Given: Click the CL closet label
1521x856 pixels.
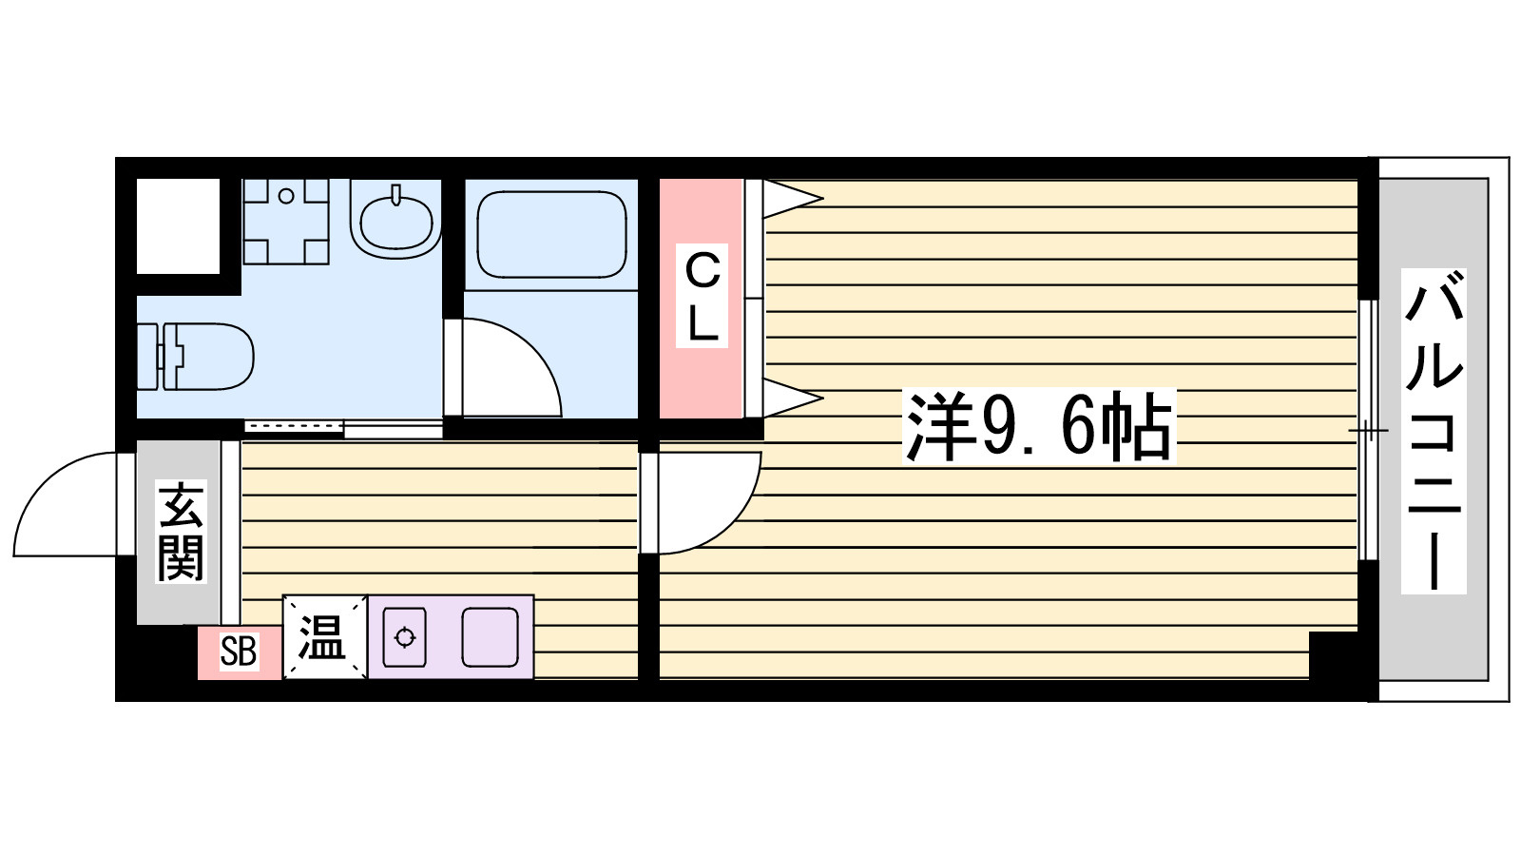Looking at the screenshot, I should tap(703, 296).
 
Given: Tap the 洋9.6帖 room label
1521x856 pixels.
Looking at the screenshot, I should tap(1038, 427).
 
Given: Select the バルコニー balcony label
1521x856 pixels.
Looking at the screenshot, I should tap(1434, 430).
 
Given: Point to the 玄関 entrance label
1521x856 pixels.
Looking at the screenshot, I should tap(181, 532).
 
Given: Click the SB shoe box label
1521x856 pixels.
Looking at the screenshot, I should tap(239, 652).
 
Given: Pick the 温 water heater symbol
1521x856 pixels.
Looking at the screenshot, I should tap(323, 636).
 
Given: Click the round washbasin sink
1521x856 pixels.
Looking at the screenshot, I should tap(396, 219).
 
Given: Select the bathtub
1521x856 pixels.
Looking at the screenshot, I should tap(551, 234).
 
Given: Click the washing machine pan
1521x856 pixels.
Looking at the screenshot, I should tap(286, 221).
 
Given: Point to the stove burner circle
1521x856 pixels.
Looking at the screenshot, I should tap(405, 637).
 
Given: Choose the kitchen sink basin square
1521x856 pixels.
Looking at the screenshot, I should tap(491, 637).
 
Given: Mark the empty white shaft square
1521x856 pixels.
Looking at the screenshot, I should tap(178, 225).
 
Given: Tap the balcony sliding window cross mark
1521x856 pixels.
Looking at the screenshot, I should tap(1368, 431).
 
